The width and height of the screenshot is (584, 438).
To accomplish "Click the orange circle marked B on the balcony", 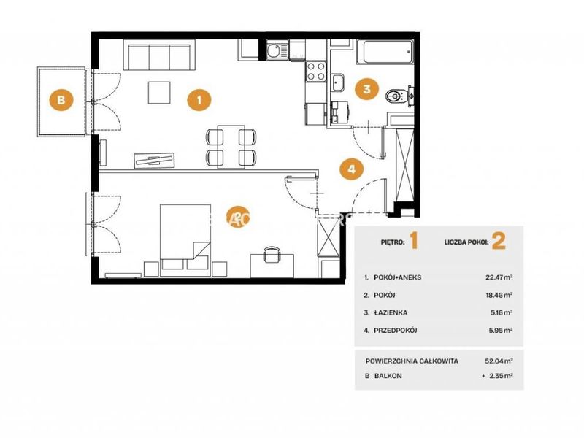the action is pyautogui.click(x=61, y=99).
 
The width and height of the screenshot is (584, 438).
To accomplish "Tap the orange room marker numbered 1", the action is pyautogui.click(x=199, y=100).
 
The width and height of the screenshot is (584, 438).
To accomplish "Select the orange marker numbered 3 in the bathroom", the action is pyautogui.click(x=366, y=89).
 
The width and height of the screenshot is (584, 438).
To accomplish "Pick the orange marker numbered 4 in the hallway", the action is pyautogui.click(x=352, y=169).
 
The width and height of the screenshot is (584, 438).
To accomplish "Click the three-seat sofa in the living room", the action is pyautogui.click(x=159, y=55).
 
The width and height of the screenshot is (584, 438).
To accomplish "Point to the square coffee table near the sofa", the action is pyautogui.click(x=159, y=93).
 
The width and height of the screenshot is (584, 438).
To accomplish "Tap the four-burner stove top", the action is pyautogui.click(x=315, y=71).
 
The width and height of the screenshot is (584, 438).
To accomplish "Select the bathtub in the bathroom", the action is pyautogui.click(x=385, y=52).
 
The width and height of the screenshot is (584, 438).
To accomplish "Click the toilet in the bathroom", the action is pyautogui.click(x=396, y=96).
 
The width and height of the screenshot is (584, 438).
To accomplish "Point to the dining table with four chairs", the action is pyautogui.click(x=231, y=147).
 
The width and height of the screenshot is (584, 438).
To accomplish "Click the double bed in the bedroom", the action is pyautogui.click(x=185, y=240).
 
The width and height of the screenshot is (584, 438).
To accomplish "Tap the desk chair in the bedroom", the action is pyautogui.click(x=272, y=254).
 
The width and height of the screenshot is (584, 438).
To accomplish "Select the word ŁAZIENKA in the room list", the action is pyautogui.click(x=391, y=312).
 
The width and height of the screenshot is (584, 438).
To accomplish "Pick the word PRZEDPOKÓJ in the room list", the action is pyautogui.click(x=395, y=330).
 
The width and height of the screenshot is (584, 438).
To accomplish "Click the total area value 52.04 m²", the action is pyautogui.click(x=499, y=361).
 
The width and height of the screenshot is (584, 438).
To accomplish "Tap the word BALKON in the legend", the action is pyautogui.click(x=388, y=376).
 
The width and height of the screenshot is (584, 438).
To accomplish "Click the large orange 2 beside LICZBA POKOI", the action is pyautogui.click(x=499, y=241).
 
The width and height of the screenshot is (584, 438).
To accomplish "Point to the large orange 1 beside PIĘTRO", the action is pyautogui.click(x=414, y=241).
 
